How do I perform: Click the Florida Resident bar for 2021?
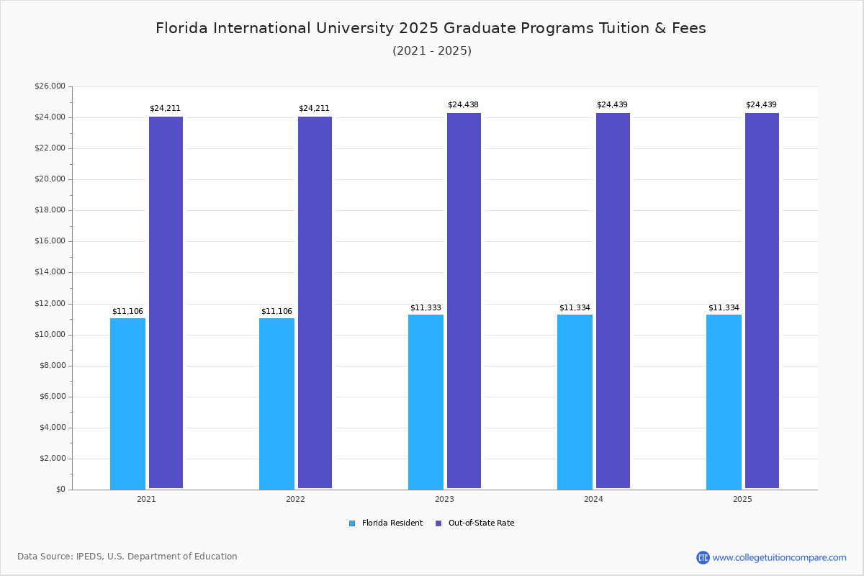(127, 403)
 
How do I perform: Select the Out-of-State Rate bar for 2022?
(315, 302)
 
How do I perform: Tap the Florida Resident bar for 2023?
(426, 402)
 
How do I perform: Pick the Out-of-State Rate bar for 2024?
(613, 301)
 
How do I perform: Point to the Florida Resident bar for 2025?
(724, 402)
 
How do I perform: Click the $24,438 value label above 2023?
(463, 105)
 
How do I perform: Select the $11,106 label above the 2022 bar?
(276, 312)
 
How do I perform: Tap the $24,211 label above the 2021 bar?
(165, 109)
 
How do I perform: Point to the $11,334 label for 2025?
(724, 308)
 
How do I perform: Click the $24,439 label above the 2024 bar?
(612, 105)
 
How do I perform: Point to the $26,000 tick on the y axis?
(50, 86)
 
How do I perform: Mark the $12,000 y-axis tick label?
(50, 304)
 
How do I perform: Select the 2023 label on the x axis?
(444, 500)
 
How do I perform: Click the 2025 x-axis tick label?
(742, 500)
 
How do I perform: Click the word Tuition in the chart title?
(628, 29)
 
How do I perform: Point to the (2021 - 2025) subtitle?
(432, 51)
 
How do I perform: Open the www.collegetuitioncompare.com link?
(779, 557)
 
